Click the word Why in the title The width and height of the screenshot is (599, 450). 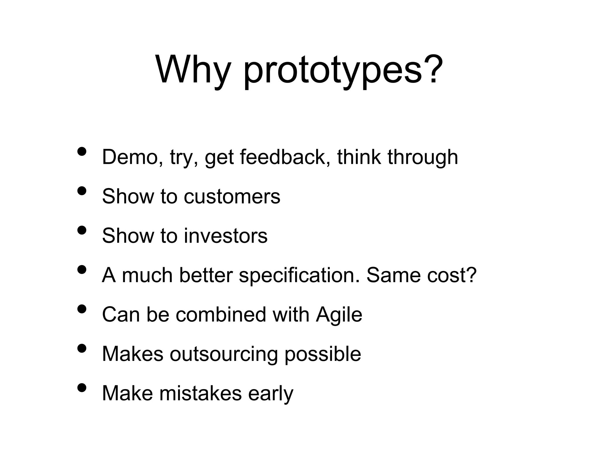click(192, 70)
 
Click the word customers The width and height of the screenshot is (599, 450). click(232, 196)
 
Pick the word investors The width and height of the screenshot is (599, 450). click(226, 236)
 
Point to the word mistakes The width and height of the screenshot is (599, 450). click(201, 393)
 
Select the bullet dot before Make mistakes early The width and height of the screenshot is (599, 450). click(82, 388)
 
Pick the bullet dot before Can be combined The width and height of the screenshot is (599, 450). click(82, 309)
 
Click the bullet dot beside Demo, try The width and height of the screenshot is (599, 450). click(82, 151)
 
